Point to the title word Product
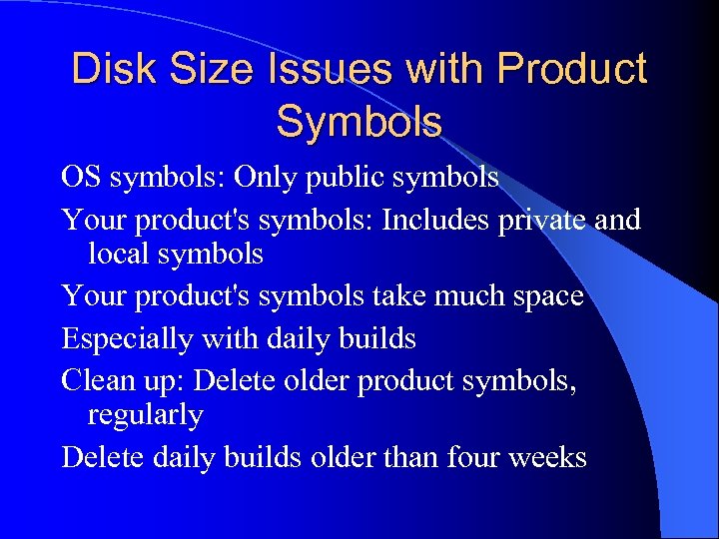(571, 70)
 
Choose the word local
(118, 254)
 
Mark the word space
(544, 297)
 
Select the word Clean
(94, 379)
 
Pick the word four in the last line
(470, 457)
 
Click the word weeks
(547, 457)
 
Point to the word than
(410, 457)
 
